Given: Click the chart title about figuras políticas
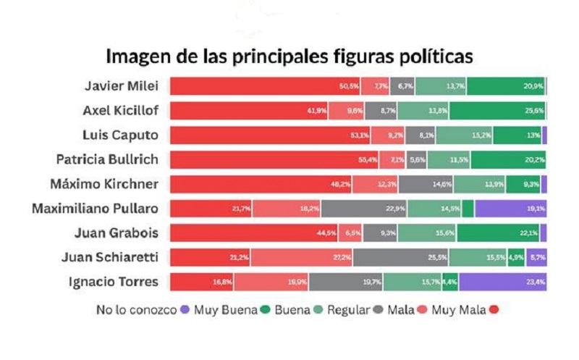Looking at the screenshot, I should (289, 56).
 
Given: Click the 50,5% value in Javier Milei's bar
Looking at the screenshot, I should (349, 86).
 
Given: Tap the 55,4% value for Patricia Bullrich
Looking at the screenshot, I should (368, 159).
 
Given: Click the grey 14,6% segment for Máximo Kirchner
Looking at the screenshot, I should (426, 184).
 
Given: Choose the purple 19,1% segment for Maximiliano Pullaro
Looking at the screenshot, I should (510, 209).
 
